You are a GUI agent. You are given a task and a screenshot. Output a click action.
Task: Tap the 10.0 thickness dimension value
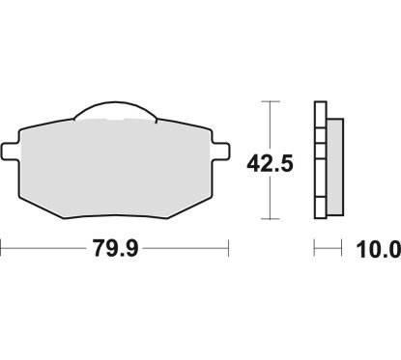click(378, 249)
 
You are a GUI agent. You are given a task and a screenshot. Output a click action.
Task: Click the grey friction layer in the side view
click(335, 158)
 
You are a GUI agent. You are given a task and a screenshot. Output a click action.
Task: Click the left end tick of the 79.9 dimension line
click(2, 249)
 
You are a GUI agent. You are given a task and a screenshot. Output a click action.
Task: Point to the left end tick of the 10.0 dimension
click(316, 249)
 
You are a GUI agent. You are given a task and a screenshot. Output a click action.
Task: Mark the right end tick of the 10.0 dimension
click(343, 249)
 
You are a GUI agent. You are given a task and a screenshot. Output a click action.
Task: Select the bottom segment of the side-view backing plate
click(321, 210)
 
